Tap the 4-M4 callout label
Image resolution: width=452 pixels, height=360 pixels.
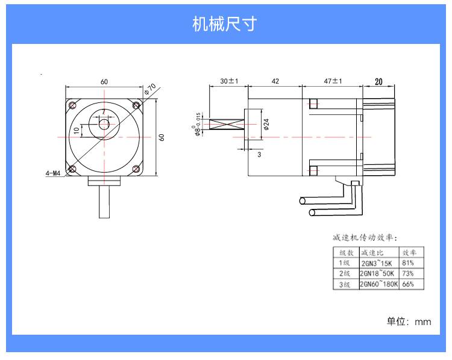pyautogui.click(x=53, y=174)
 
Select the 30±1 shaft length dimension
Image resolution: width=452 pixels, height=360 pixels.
pyautogui.click(x=229, y=81)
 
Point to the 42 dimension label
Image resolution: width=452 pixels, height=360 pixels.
pyautogui.click(x=275, y=81)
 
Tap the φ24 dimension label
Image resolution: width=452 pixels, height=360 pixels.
pyautogui.click(x=266, y=125)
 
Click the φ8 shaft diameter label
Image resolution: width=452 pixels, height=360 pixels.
pyautogui.click(x=198, y=125)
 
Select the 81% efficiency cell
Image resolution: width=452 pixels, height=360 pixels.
pyautogui.click(x=408, y=263)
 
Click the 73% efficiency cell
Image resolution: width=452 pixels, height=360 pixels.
pyautogui.click(x=408, y=274)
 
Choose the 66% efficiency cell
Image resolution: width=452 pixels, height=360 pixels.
pyautogui.click(x=408, y=284)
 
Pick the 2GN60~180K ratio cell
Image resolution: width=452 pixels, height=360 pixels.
pyautogui.click(x=378, y=284)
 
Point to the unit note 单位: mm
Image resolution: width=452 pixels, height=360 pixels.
pyautogui.click(x=409, y=321)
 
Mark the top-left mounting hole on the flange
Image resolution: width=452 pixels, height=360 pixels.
pyautogui.click(x=73, y=105)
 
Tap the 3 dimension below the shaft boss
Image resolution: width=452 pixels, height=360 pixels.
pyautogui.click(x=259, y=155)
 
